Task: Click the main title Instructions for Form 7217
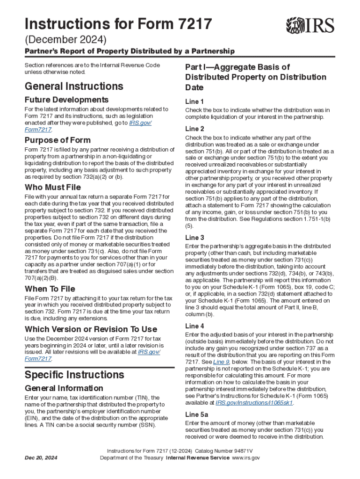tap(118, 24)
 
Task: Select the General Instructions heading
tap(74, 87)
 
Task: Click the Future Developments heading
tap(66, 100)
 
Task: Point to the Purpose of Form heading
tap(58, 140)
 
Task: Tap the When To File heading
tap(50, 289)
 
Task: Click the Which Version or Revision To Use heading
tap(91, 329)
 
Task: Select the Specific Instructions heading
tap(74, 375)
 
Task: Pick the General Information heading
tap(64, 388)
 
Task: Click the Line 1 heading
tap(194, 102)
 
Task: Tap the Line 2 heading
tap(194, 129)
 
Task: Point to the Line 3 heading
tap(194, 237)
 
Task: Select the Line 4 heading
tap(194, 326)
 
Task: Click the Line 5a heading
tap(196, 414)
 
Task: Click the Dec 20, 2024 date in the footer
tap(42, 457)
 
